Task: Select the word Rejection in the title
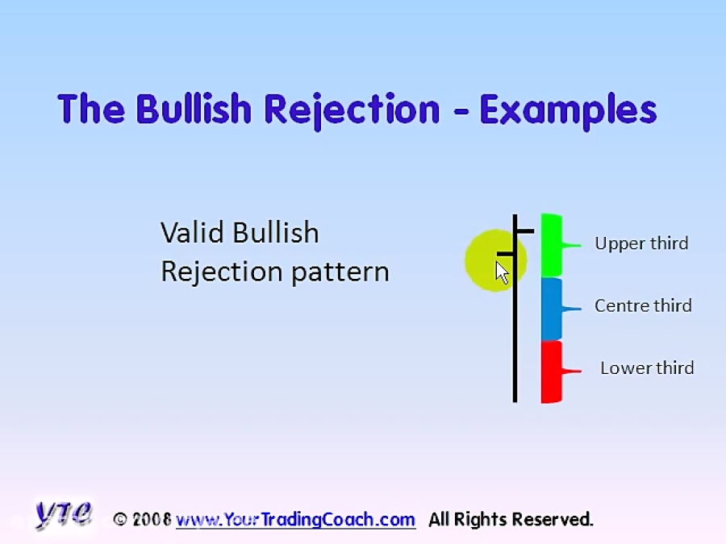pos(353,109)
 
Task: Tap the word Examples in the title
pos(568,109)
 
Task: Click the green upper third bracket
pos(552,245)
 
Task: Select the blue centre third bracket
pos(552,308)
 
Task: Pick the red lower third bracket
pos(552,371)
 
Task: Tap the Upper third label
pos(641,243)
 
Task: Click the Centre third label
pos(643,305)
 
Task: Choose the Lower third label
pos(647,368)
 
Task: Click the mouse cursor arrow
pos(502,272)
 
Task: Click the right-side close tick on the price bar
pos(525,231)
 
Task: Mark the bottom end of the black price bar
pos(515,398)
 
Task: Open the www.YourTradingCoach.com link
pos(295,520)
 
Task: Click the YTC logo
pos(64,513)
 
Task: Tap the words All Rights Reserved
pos(511,520)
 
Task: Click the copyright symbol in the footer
pos(121,520)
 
